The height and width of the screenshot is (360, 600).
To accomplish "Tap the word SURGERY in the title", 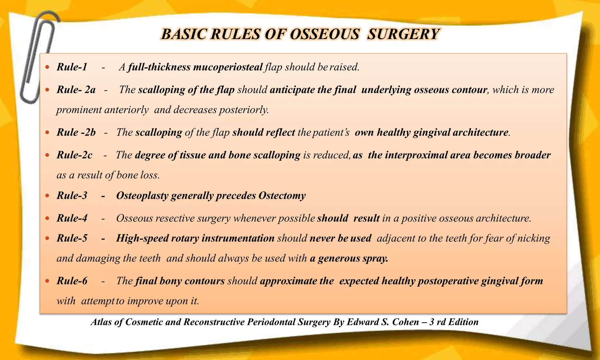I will click(x=403, y=34).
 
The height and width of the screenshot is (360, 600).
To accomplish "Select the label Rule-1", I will click(x=72, y=67).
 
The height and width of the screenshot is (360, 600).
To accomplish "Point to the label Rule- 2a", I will click(x=76, y=90).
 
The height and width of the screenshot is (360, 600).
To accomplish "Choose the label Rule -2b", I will click(x=76, y=132).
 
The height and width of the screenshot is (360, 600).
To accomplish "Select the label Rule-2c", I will click(x=74, y=155).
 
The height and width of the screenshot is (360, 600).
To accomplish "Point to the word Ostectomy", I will click(x=282, y=195).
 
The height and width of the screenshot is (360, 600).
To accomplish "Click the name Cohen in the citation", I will click(x=405, y=322).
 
